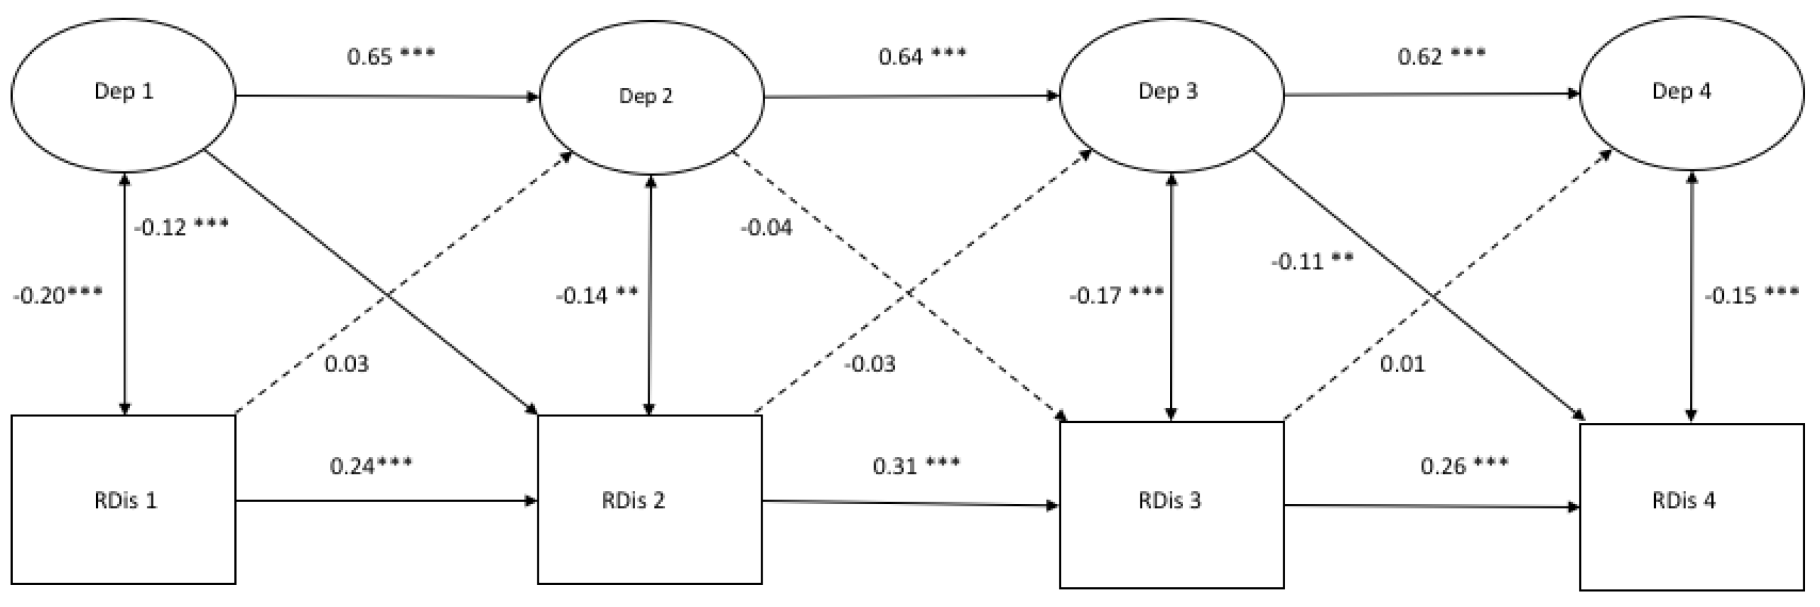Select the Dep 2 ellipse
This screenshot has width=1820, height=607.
click(651, 97)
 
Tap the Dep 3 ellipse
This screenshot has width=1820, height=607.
click(1171, 94)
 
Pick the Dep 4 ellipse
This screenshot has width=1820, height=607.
click(1691, 93)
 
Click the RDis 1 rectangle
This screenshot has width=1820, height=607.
click(124, 499)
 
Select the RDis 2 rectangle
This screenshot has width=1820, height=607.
click(649, 499)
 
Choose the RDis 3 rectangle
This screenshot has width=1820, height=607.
click(1171, 504)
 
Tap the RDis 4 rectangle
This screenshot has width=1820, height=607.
click(1691, 506)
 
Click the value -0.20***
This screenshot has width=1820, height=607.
click(57, 295)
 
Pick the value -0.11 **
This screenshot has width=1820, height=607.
click(1312, 261)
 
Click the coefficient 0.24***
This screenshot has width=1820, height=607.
click(371, 465)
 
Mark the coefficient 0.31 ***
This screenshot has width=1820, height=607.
click(916, 465)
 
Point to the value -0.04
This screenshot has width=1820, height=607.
click(766, 227)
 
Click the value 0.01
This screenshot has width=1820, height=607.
click(1402, 364)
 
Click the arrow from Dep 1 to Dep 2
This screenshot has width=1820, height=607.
click(387, 95)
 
